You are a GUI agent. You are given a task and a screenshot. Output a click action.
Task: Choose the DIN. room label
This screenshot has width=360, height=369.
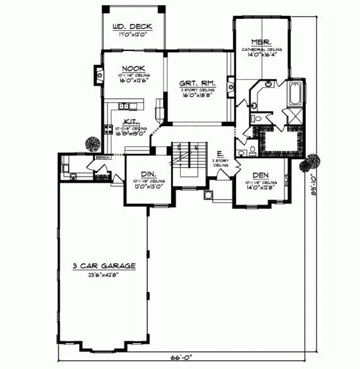[x=148, y=174]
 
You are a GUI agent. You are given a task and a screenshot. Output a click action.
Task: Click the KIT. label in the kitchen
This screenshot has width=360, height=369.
[x=131, y=121]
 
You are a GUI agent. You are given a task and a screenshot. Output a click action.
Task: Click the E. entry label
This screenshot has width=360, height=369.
[x=220, y=154]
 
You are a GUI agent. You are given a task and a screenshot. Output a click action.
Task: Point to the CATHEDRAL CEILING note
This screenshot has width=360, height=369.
[x=262, y=48]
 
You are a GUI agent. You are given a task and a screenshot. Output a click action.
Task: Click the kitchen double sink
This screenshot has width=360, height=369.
[x=125, y=106]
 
